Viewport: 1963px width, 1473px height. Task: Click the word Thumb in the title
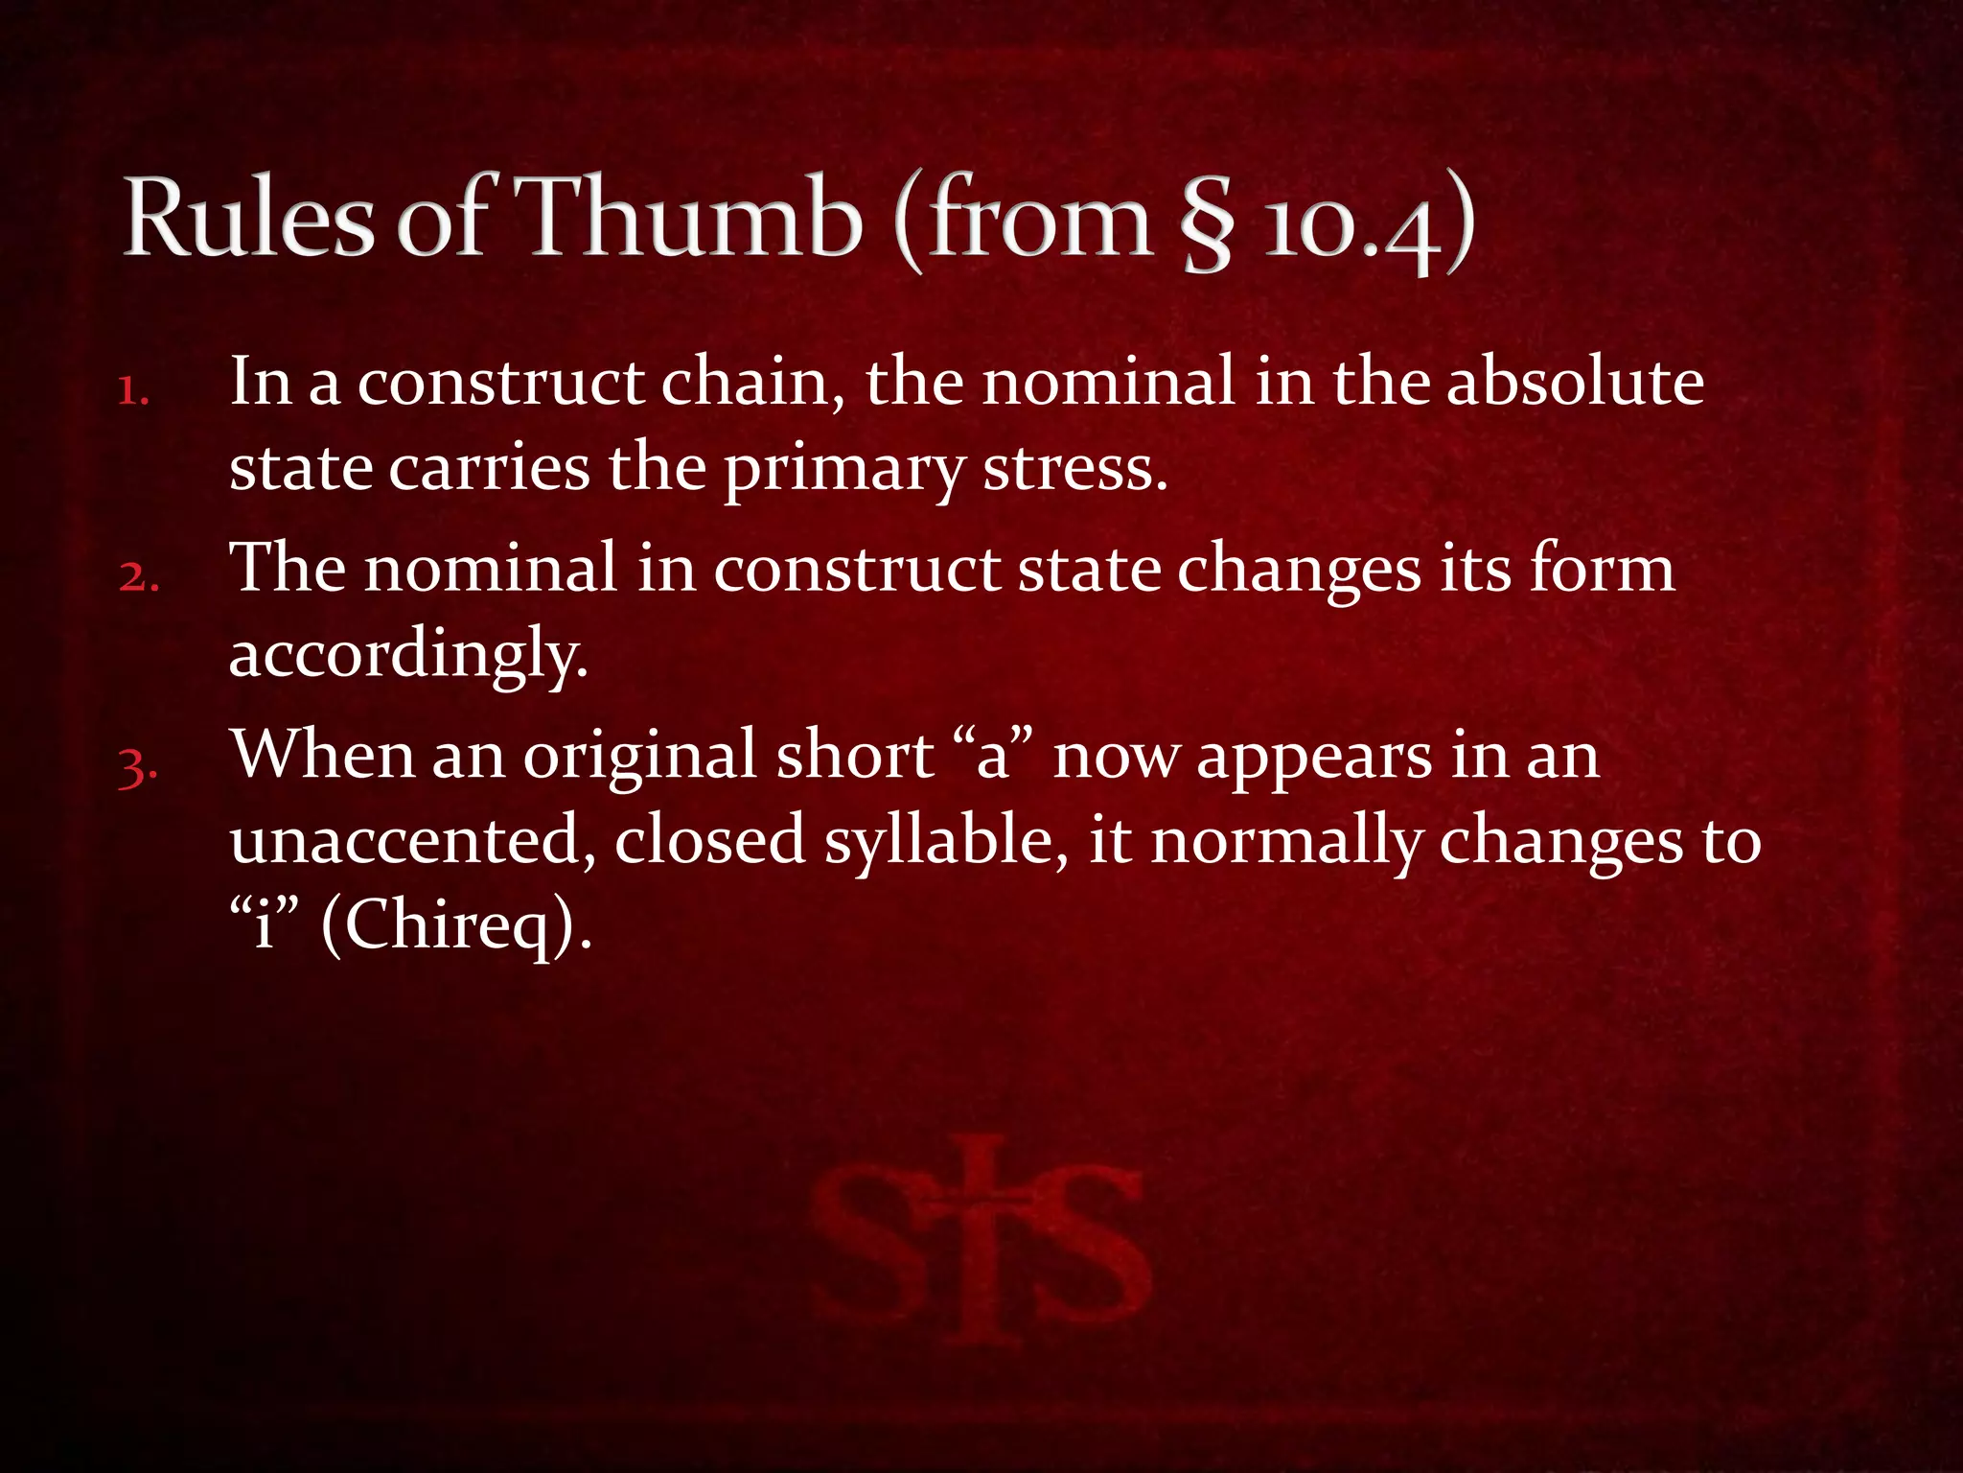(x=691, y=220)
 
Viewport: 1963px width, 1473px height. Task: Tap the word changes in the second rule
(x=1299, y=570)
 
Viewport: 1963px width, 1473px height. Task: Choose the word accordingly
(x=408, y=656)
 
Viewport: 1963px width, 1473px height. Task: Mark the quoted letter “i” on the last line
(x=265, y=924)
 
